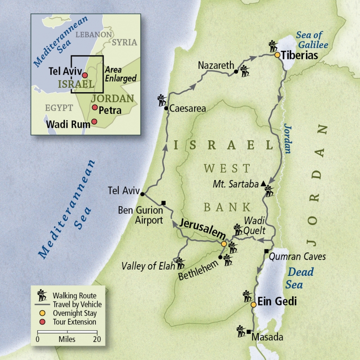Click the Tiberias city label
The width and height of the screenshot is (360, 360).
(x=300, y=55)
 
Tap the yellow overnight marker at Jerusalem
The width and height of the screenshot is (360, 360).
(x=224, y=244)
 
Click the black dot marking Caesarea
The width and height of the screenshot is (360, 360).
(x=166, y=108)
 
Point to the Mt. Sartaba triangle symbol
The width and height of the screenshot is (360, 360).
(x=263, y=184)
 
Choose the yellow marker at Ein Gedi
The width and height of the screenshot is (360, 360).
(x=253, y=305)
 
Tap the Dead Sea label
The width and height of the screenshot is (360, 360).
(x=299, y=278)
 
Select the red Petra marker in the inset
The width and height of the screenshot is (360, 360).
(x=94, y=108)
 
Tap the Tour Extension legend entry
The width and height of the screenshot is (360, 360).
(x=74, y=322)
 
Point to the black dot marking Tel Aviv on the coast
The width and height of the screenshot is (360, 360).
(x=142, y=194)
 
